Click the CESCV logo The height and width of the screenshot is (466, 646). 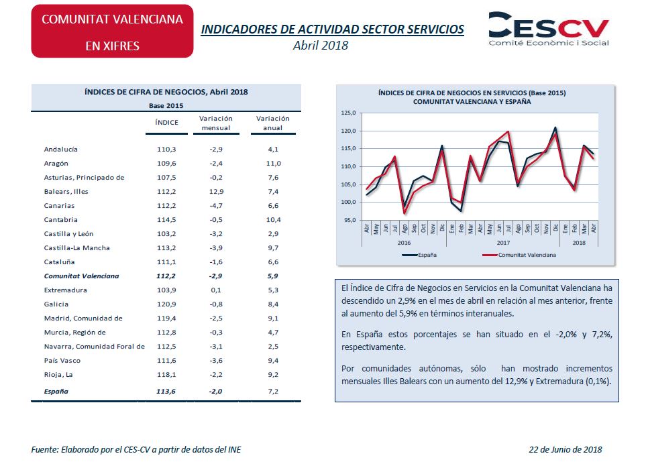548,28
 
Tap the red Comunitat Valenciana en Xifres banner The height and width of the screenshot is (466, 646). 112,32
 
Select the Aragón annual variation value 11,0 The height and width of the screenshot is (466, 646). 273,164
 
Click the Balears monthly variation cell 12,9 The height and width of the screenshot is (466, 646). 216,191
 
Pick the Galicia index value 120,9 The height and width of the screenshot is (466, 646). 166,304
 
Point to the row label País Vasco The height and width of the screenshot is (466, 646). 62,361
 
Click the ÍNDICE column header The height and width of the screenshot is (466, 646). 167,122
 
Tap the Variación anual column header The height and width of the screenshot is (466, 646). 273,123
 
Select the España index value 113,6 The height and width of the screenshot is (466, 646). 166,392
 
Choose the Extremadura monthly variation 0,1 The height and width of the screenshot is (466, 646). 216,290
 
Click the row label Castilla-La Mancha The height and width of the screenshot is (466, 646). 77,248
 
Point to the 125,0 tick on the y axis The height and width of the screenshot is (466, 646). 348,113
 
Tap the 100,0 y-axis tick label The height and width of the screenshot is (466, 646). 348,202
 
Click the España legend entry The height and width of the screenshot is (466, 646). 419,255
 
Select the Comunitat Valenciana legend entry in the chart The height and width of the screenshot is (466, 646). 519,255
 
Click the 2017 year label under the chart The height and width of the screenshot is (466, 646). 503,243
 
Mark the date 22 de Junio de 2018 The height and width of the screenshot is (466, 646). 566,449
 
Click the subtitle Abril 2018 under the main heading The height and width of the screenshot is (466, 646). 321,46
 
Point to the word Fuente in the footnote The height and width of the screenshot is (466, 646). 44,449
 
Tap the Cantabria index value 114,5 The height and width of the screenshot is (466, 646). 166,220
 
